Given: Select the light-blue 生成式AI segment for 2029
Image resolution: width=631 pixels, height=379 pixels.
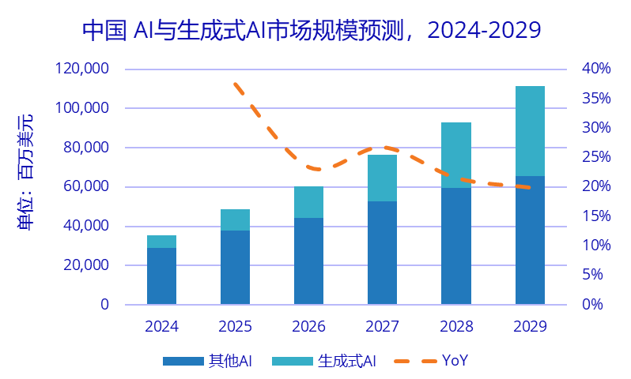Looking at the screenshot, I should coord(530,131).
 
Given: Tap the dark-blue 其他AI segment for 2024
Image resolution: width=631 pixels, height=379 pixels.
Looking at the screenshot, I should coord(161,276).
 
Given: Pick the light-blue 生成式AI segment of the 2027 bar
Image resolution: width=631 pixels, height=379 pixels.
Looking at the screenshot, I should coord(383,178).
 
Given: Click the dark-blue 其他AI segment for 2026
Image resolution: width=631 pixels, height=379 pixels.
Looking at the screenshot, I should coord(308,261).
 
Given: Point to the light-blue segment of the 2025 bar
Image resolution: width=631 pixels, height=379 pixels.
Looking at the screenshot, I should coord(235,220).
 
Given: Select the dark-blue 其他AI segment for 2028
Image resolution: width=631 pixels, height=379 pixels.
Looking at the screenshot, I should coord(456,246).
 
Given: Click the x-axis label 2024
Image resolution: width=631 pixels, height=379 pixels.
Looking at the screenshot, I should coord(161,326).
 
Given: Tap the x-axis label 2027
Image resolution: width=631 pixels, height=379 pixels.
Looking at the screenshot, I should coord(383,326).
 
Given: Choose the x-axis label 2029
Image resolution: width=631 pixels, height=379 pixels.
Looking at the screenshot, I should coord(530,326).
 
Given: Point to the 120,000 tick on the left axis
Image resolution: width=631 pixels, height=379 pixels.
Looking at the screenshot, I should coord(82,69).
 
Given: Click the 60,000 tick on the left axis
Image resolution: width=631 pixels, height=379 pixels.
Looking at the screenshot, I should coord(86,187).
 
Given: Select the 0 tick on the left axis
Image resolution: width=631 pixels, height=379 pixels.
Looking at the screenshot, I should coord(104,305).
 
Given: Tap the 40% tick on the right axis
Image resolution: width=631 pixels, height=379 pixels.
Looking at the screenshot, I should coord(596,69).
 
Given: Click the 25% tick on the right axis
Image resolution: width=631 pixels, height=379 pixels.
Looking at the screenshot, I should coord(596,157).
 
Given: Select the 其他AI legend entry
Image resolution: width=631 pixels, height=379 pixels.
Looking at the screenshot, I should coord(207,361).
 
